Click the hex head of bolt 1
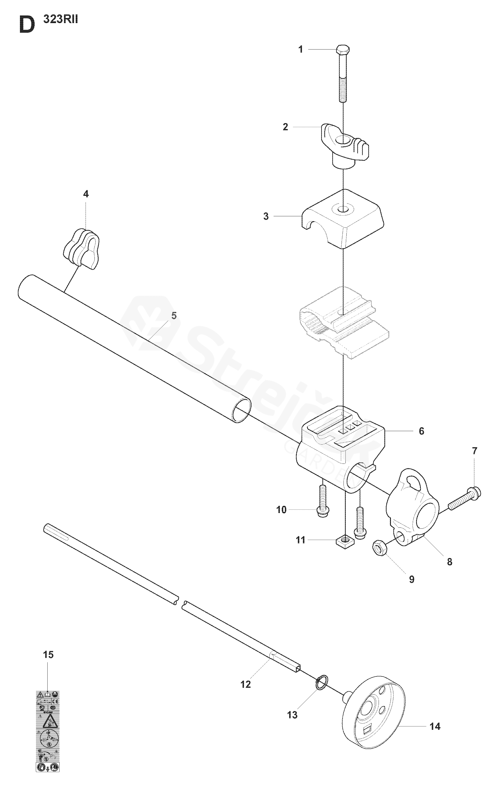click(x=343, y=50)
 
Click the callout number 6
click(x=421, y=431)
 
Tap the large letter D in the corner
click(x=27, y=25)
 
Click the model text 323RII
click(x=61, y=20)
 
